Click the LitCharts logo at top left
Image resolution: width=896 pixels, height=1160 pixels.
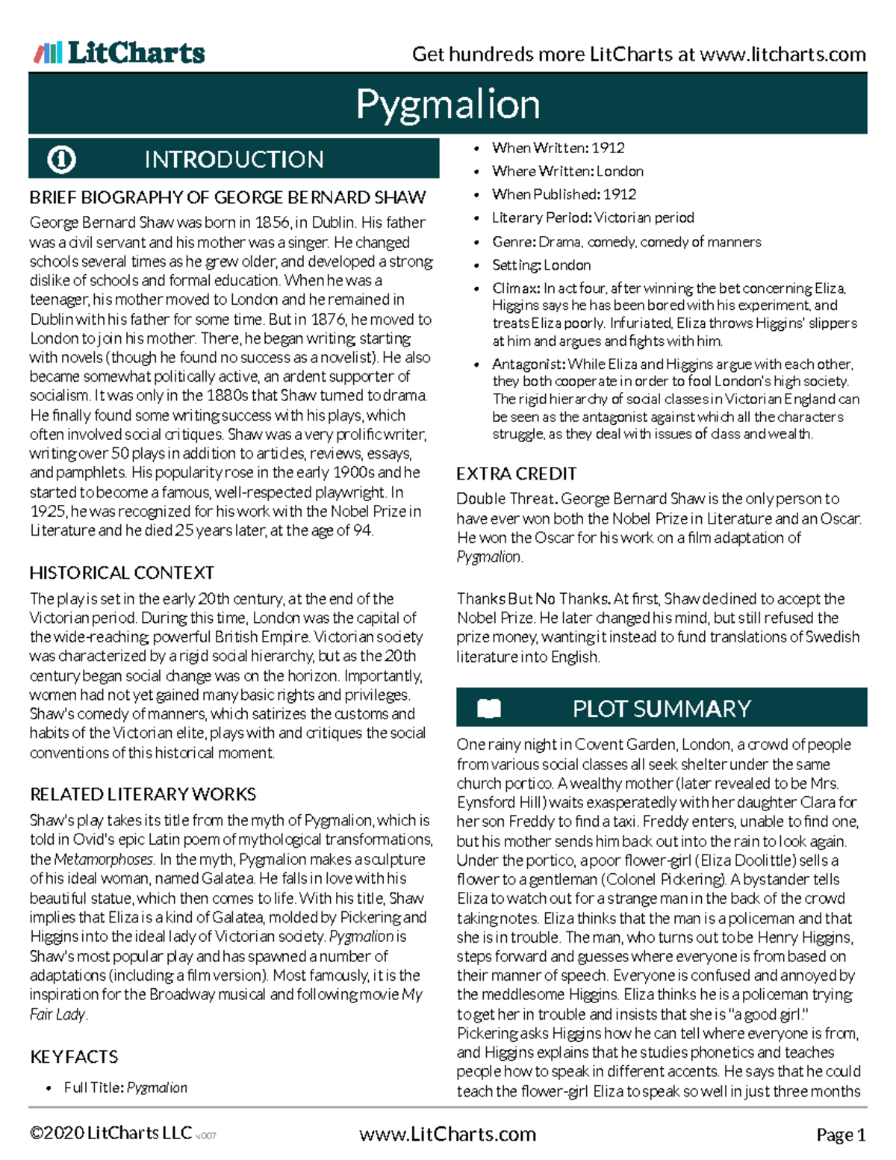coord(119,53)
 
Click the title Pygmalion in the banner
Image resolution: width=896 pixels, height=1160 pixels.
coord(448,104)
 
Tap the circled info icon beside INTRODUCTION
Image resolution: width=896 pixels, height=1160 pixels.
coord(61,159)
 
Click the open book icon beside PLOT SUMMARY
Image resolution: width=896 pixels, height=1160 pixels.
coord(489,708)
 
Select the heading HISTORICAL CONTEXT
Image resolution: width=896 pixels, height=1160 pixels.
coord(122,573)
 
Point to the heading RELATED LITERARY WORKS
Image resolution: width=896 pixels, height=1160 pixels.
coord(143,794)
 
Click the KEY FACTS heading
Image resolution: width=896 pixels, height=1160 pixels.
coord(74,1057)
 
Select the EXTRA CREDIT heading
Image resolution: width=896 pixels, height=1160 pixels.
coord(516,474)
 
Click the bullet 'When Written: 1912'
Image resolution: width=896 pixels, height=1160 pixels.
coord(558,148)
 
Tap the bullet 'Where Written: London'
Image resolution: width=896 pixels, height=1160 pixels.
coord(567,171)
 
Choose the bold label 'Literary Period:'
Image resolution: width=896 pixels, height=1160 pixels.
coord(541,217)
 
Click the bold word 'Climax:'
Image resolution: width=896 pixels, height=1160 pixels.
coord(515,288)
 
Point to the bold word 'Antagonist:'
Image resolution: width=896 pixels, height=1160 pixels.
coord(528,365)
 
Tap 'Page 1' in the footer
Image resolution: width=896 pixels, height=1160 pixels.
coord(840,1135)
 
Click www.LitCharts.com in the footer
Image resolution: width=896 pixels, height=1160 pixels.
coord(447,1135)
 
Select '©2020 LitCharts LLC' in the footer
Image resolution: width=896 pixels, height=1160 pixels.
coord(111,1133)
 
